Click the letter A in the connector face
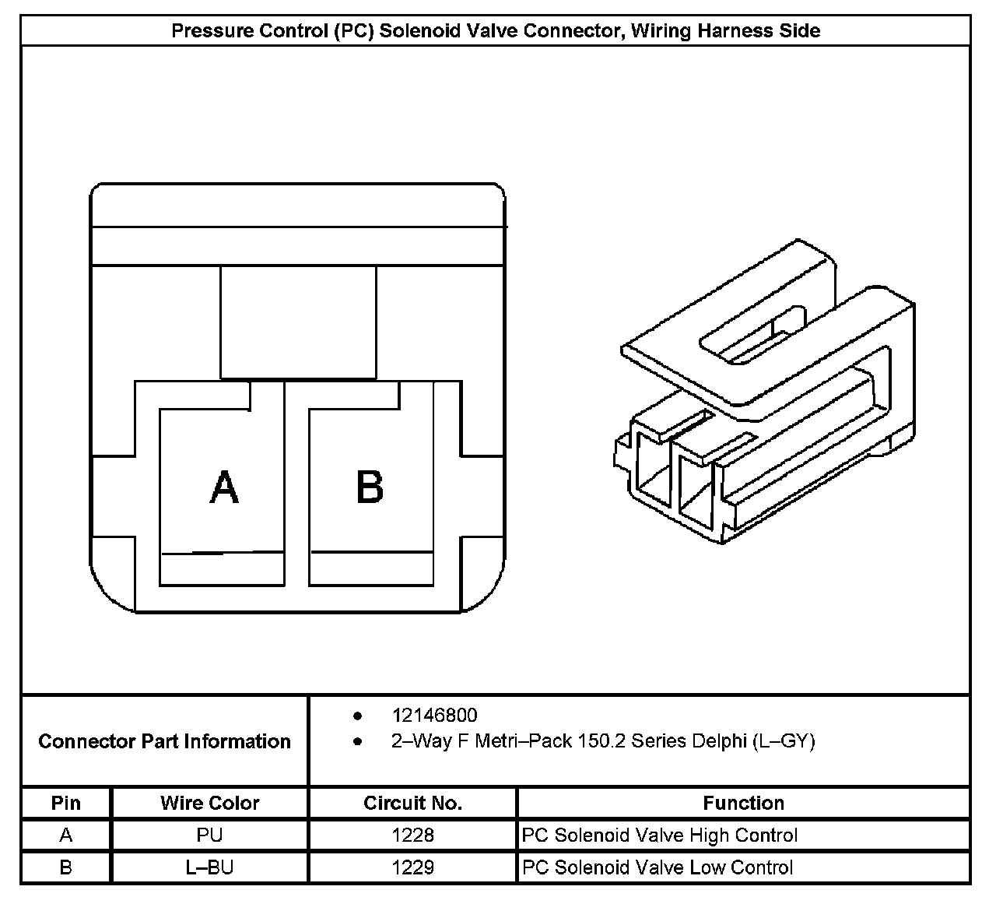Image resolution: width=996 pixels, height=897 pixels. (x=224, y=488)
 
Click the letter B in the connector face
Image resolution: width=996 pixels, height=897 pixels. (x=370, y=488)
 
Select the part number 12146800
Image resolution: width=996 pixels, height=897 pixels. (x=434, y=715)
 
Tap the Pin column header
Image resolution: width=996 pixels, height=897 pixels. (x=66, y=803)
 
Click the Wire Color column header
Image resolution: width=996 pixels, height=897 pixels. (x=210, y=803)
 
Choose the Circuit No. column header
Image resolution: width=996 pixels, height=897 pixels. (x=412, y=803)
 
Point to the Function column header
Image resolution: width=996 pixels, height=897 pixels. (x=743, y=803)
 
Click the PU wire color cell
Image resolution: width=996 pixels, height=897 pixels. (x=210, y=835)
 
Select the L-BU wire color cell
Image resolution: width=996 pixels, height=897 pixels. (x=210, y=867)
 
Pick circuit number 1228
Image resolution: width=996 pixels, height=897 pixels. (x=412, y=835)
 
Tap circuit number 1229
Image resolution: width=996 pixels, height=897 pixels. (x=412, y=867)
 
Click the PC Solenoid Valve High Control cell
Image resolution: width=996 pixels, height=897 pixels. (x=660, y=835)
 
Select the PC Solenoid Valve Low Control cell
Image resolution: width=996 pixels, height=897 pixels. (x=658, y=867)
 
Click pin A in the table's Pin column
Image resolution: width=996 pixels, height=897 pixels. (x=66, y=835)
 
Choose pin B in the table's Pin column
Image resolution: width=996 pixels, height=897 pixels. (x=66, y=867)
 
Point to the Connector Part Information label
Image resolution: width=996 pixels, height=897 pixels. (x=164, y=741)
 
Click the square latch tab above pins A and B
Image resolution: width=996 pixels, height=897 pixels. (x=298, y=322)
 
